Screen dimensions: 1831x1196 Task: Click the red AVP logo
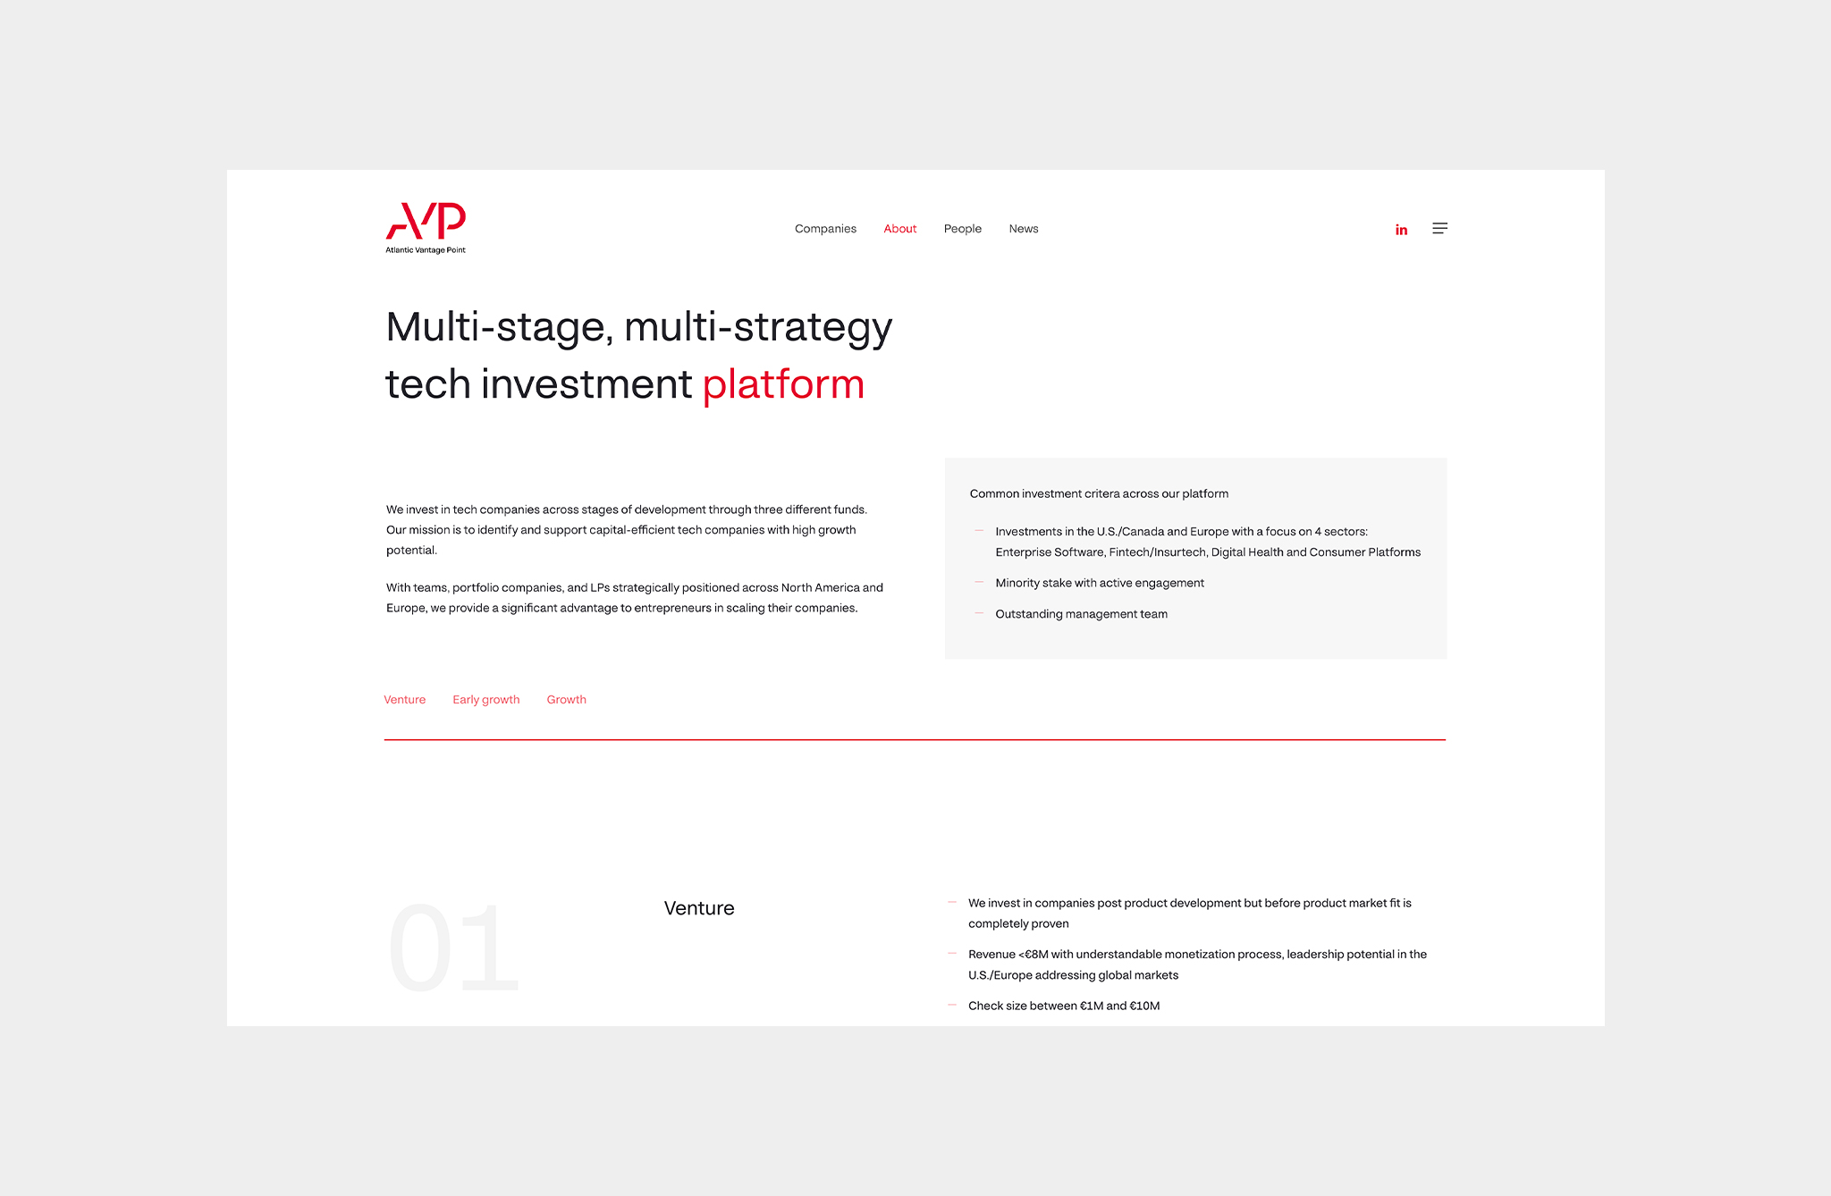coord(426,221)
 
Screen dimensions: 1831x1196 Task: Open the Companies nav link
coord(825,229)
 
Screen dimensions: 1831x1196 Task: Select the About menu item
coord(899,229)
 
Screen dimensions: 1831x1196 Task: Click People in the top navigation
coord(962,229)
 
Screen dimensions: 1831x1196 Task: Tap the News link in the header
coord(1024,229)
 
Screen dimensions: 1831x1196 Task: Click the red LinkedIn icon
coord(1401,230)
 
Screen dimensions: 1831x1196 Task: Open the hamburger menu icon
coord(1439,228)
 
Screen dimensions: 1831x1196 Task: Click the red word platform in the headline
coord(783,385)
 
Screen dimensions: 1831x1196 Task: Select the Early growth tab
coord(485,700)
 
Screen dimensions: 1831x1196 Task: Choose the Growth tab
coord(566,700)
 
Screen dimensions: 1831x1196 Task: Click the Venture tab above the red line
coord(404,700)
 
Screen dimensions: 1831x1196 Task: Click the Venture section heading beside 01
coord(699,908)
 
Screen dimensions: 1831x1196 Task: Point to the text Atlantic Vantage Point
coord(426,250)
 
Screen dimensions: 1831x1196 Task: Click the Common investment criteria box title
coord(1099,493)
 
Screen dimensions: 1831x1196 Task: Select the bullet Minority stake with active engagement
coord(1100,583)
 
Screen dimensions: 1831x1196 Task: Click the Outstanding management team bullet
coord(1081,614)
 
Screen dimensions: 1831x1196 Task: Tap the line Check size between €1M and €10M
coord(1064,1006)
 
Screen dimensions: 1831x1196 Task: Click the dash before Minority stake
coord(979,582)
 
